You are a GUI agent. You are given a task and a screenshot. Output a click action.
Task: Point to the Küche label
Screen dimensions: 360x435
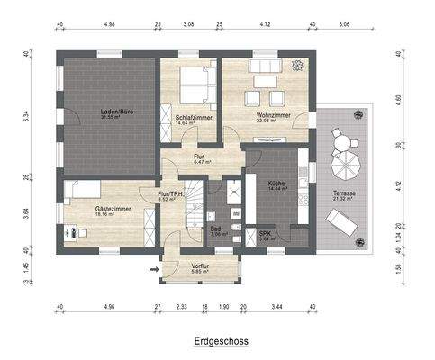coord(278,184)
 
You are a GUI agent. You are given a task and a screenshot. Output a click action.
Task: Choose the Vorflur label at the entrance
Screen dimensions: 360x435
coord(199,266)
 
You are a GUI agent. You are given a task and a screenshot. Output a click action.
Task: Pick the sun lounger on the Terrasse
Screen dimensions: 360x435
coord(342,221)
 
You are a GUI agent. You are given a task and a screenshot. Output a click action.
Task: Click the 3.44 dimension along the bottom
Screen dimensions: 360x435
coord(278,307)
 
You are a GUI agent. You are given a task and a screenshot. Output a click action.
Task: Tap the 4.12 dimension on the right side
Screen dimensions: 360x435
coord(398,186)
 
